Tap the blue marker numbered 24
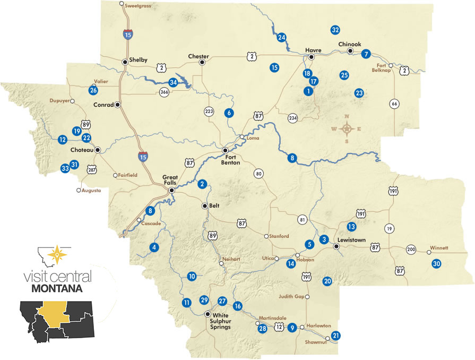coord(282,37)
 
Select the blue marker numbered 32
coord(335,30)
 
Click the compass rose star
coord(347,128)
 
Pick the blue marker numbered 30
coord(437,263)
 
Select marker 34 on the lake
coord(173,82)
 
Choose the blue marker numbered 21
coord(335,335)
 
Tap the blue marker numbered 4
coord(154,247)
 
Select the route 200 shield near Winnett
coord(411,249)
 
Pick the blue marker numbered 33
coord(65,168)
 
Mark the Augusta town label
coord(91,190)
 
